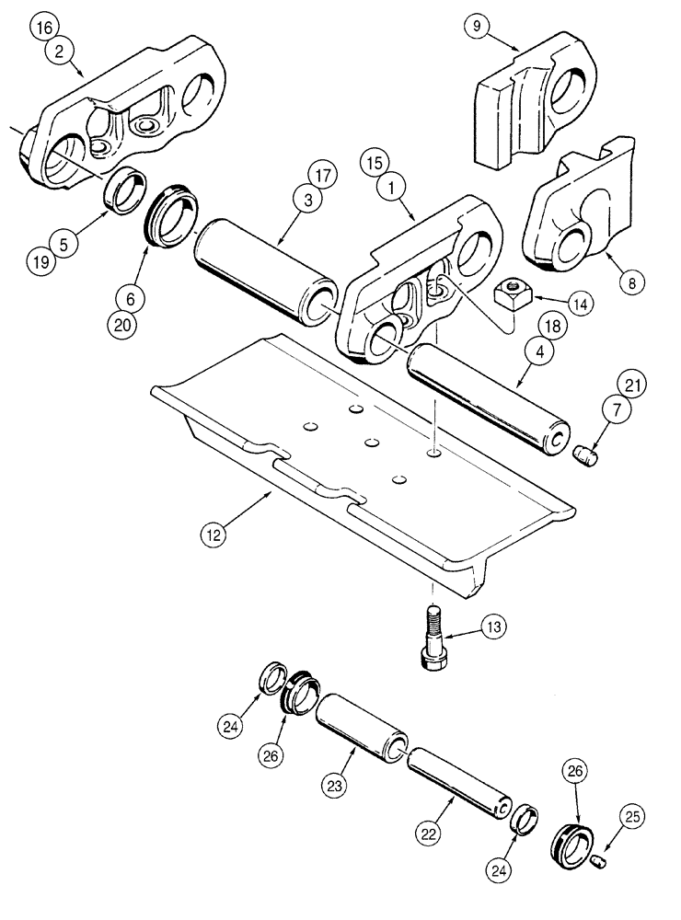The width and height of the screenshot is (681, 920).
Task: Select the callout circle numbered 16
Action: coord(40,27)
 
